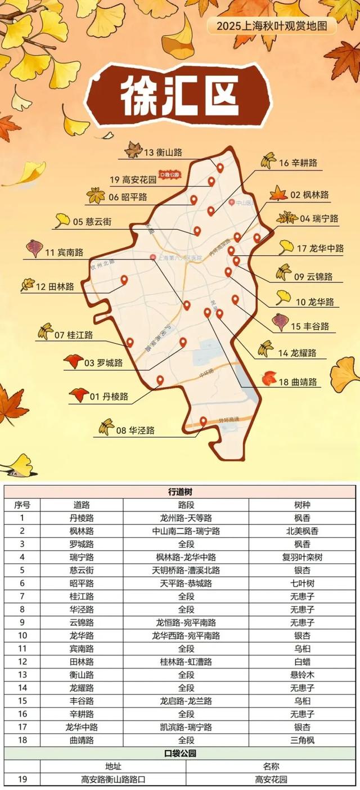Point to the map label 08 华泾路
136,431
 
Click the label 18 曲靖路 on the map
298,383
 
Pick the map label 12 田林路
55,287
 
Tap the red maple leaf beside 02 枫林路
278,194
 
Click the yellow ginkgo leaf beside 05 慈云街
62,221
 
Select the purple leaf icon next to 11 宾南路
35,248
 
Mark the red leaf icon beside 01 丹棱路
79,396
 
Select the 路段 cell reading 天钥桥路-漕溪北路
186,570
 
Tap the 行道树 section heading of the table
180,491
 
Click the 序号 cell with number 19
22,780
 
